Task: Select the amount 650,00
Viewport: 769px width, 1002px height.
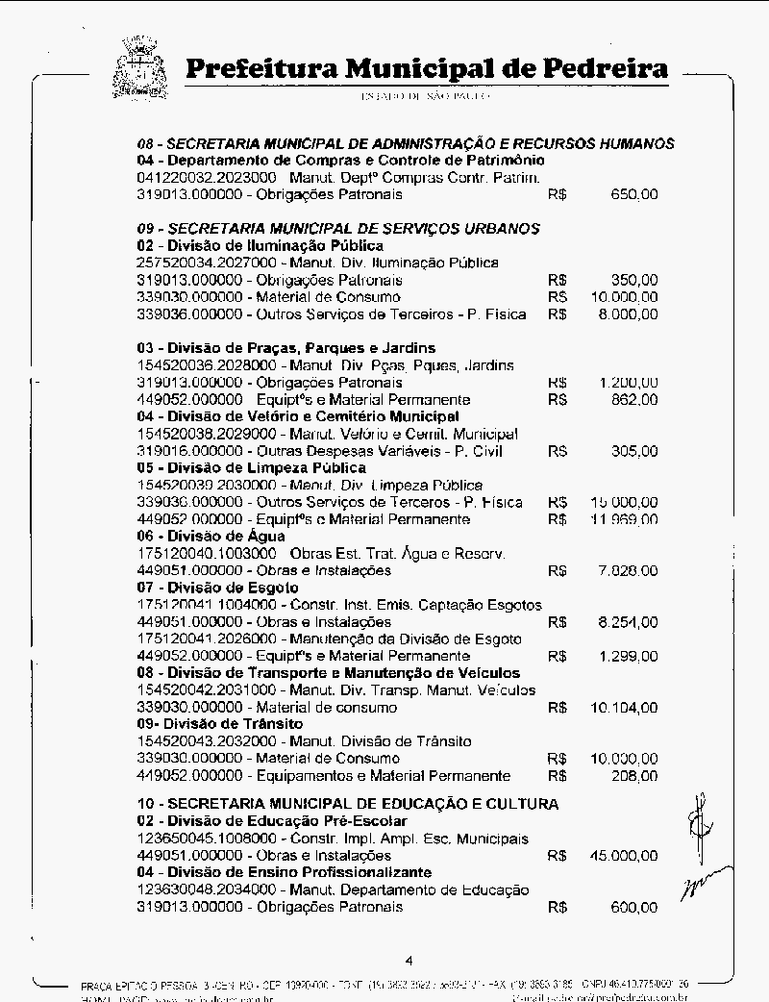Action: (634, 194)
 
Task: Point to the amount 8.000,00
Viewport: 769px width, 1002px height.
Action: (628, 314)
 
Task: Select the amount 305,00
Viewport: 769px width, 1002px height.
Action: (634, 451)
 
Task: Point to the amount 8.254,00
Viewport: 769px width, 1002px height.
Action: (628, 622)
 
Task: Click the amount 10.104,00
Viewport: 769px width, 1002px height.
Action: (624, 708)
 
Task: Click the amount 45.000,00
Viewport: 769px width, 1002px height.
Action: (624, 855)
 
